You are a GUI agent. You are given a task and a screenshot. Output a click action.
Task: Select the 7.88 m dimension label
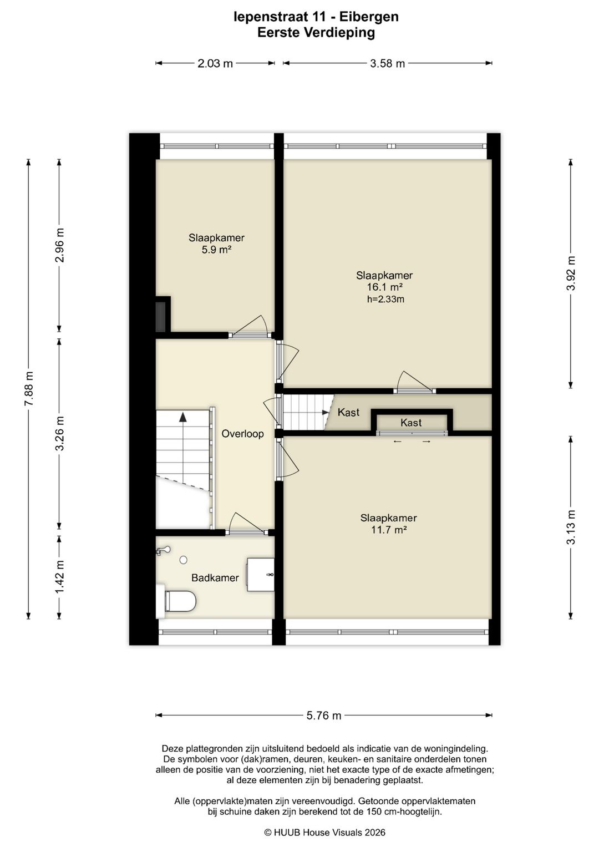click(x=29, y=388)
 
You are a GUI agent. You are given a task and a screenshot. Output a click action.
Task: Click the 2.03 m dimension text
click(x=215, y=63)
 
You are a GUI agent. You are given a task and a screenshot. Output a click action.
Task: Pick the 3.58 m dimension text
click(x=387, y=63)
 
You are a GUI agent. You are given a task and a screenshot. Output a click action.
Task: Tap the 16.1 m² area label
click(x=384, y=287)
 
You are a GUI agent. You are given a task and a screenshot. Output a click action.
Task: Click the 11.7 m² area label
click(x=389, y=530)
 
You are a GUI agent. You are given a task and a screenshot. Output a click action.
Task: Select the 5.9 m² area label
click(x=216, y=250)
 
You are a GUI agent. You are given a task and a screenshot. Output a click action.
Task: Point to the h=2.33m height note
click(x=385, y=299)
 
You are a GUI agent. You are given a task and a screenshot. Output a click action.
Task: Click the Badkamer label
click(x=215, y=577)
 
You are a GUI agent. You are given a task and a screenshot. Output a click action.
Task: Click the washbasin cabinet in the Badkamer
click(x=261, y=574)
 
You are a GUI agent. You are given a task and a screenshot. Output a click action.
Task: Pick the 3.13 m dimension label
click(x=571, y=527)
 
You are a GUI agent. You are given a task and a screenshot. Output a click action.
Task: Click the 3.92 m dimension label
click(x=571, y=273)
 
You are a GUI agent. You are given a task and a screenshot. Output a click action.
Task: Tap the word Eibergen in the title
click(x=369, y=17)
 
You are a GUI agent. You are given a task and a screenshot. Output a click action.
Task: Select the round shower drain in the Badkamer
click(x=184, y=560)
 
